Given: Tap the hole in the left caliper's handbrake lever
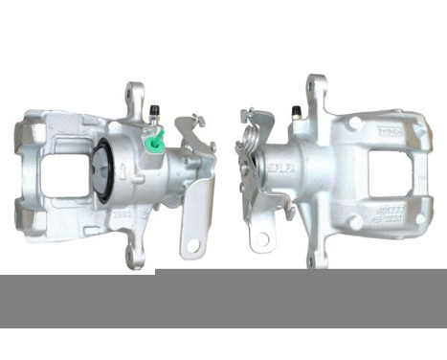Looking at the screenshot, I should click(x=194, y=244).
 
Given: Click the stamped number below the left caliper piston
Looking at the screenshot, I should click(x=122, y=217).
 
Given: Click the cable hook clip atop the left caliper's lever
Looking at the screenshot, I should click(x=198, y=122).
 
